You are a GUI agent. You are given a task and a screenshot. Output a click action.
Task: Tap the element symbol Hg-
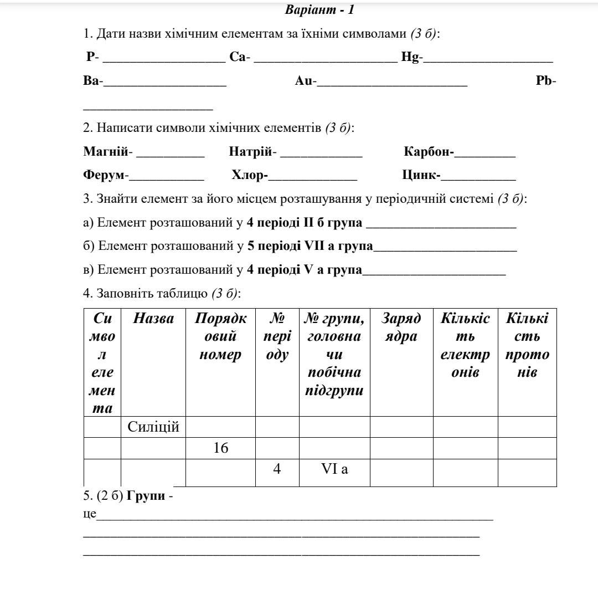point(413,57)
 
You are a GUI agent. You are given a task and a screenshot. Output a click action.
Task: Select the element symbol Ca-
point(240,57)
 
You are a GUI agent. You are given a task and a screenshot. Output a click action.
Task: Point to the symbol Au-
point(306,81)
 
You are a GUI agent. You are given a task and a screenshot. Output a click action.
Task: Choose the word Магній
point(106,151)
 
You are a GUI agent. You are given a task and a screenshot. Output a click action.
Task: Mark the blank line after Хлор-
point(312,178)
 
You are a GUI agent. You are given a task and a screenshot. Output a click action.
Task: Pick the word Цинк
point(420,175)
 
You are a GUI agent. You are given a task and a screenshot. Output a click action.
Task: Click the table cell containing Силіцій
point(153,427)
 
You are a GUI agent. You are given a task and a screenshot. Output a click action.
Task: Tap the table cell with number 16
point(220,448)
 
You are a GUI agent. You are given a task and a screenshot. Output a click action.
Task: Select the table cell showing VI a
point(334,469)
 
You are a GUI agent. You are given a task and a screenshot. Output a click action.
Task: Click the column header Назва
point(153,319)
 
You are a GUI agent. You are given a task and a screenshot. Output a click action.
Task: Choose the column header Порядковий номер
point(220,336)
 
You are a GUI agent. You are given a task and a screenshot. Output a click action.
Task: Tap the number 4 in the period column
point(277,469)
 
